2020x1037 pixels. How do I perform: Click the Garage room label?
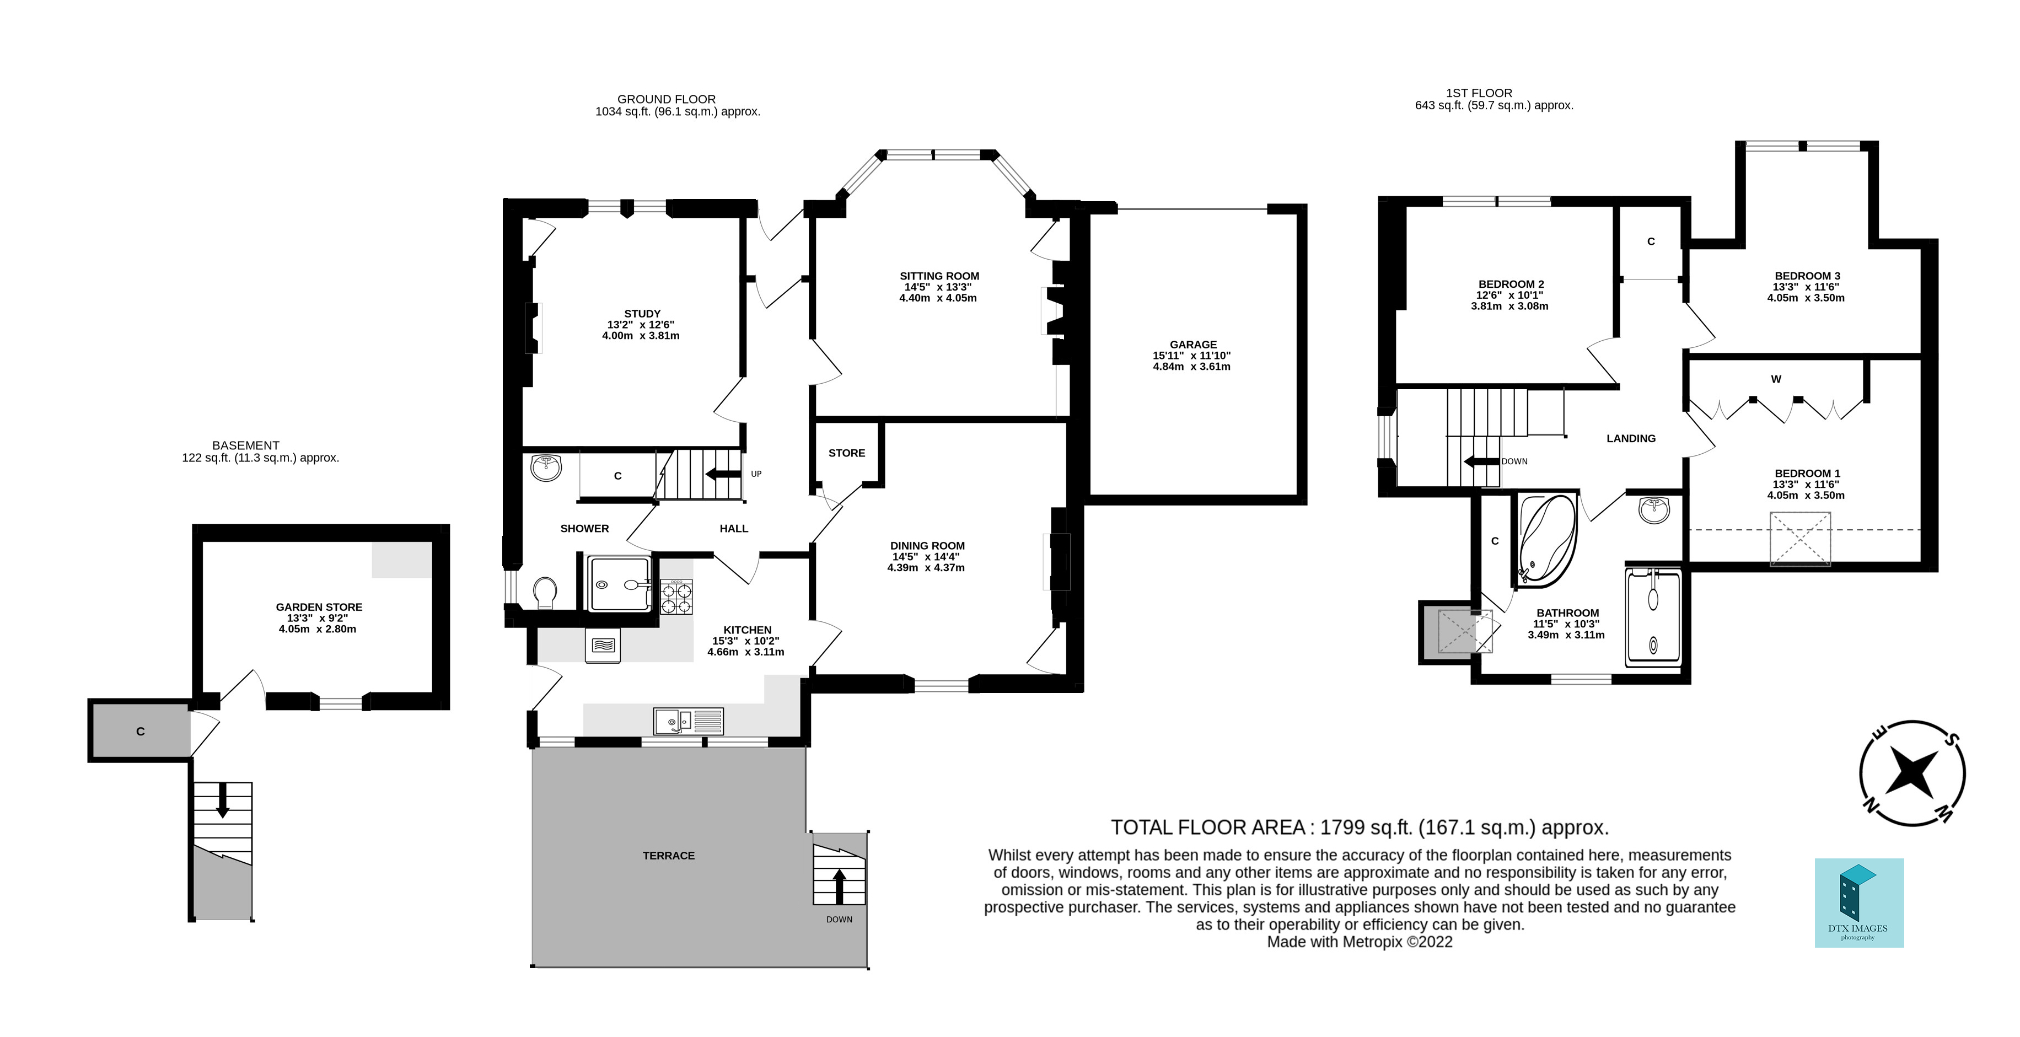(x=1192, y=345)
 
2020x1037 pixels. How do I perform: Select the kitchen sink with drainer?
(x=687, y=720)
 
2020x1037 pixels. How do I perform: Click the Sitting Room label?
(x=939, y=276)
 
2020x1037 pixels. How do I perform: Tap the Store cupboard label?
(x=846, y=453)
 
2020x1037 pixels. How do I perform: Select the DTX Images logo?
(x=1858, y=902)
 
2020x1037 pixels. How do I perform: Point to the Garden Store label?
(x=318, y=607)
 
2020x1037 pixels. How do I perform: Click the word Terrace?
(x=668, y=856)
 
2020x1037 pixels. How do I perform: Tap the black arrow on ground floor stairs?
(x=722, y=474)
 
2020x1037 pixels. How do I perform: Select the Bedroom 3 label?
(x=1807, y=276)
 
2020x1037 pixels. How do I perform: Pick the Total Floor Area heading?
(x=1359, y=828)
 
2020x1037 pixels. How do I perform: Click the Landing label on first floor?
(x=1630, y=438)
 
